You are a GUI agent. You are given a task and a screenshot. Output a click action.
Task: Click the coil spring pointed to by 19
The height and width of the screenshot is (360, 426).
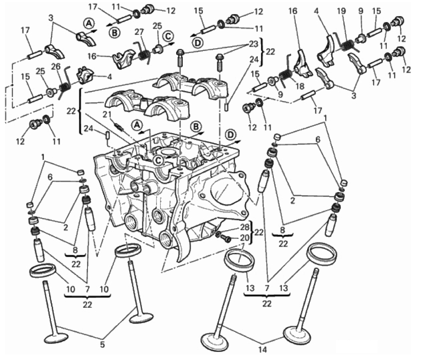(346, 45)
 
